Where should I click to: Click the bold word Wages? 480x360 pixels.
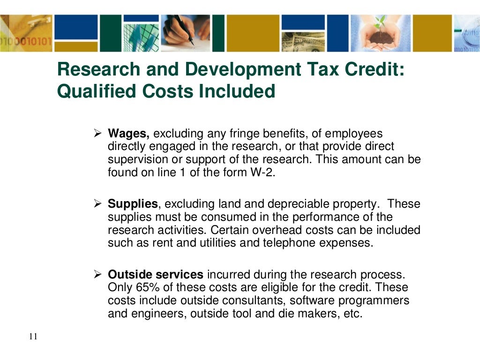click(128, 134)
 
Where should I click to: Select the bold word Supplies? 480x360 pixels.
click(133, 204)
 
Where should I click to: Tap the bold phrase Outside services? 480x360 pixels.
click(156, 274)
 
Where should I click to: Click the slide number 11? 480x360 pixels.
click(33, 337)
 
